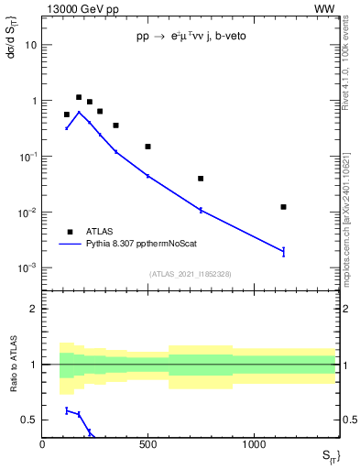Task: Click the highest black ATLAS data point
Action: (x=79, y=97)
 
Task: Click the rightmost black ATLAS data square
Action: (x=284, y=207)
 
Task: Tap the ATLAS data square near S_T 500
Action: (x=147, y=147)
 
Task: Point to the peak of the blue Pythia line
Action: (x=79, y=113)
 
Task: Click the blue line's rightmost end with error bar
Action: (x=284, y=251)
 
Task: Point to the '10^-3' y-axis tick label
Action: (x=26, y=268)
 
